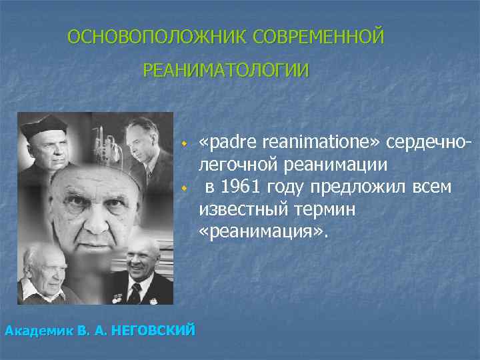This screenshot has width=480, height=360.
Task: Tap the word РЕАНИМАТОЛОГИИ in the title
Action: pyautogui.click(x=226, y=70)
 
